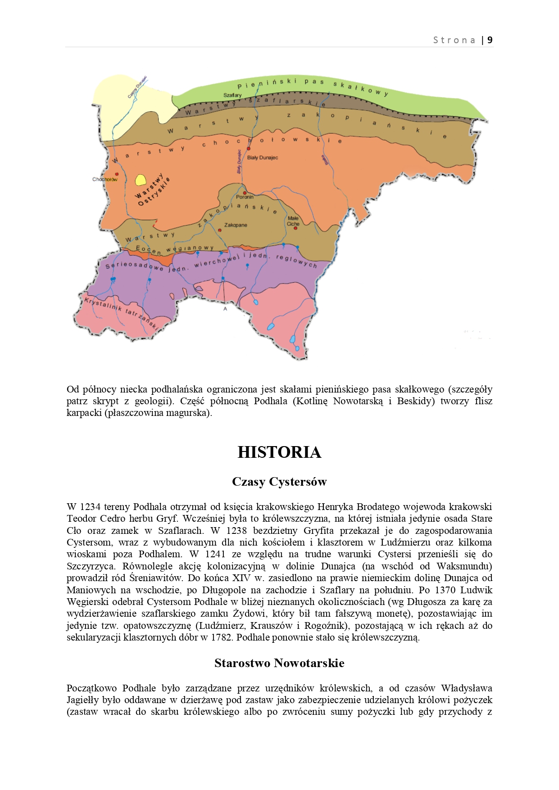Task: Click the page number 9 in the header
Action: click(490, 40)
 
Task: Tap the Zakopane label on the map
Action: click(236, 225)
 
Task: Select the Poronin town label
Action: click(245, 197)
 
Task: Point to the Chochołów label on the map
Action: click(105, 179)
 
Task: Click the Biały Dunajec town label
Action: click(263, 158)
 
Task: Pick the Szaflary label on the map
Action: click(232, 95)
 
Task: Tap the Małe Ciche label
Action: click(293, 221)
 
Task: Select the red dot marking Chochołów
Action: click(117, 174)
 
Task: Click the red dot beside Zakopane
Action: click(220, 230)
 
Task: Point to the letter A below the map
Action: click(225, 309)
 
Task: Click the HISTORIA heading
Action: click(279, 452)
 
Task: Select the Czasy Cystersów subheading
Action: click(279, 482)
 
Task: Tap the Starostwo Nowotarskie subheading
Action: click(279, 663)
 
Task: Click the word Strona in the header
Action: click(454, 40)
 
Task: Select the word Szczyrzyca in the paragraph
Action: click(91, 566)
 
